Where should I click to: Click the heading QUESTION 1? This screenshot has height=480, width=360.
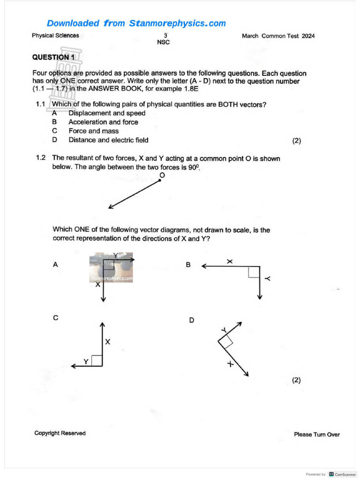tap(53, 57)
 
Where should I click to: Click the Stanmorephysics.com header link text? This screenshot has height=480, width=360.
tap(136, 23)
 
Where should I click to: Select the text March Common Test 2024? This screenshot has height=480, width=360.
tap(278, 36)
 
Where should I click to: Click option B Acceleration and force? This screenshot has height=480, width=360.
tap(103, 122)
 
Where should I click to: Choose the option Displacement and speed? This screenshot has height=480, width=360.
tap(107, 113)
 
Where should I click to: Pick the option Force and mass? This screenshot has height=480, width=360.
tap(93, 131)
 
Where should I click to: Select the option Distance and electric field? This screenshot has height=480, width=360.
tap(108, 140)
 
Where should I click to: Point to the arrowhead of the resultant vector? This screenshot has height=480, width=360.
tap(111, 207)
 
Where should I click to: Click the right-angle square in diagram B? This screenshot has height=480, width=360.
tap(254, 272)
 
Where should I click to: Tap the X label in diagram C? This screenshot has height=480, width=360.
tap(108, 342)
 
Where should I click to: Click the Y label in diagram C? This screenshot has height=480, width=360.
tap(86, 361)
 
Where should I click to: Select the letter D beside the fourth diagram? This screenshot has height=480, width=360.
tap(191, 320)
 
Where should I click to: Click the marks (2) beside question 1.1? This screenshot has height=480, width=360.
tap(296, 140)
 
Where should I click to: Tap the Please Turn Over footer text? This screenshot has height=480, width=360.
tap(316, 435)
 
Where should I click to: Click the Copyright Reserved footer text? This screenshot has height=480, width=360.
tap(60, 433)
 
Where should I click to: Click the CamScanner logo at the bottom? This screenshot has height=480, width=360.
tap(342, 474)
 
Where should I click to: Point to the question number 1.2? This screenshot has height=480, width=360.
tap(41, 158)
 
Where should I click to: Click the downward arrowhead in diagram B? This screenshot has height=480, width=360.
tap(260, 297)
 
